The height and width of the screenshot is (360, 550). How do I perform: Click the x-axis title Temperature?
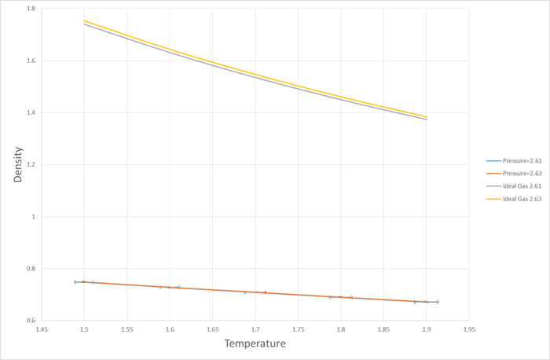click(255, 343)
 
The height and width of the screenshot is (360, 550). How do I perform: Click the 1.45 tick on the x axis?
click(41, 329)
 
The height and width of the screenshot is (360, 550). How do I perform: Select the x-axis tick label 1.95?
click(469, 329)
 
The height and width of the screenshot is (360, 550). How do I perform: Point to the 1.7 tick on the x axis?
click(255, 329)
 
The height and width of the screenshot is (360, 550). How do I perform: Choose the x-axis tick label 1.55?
click(126, 329)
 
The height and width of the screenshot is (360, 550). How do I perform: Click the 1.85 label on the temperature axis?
click(383, 329)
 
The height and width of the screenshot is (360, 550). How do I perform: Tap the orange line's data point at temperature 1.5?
click(84, 281)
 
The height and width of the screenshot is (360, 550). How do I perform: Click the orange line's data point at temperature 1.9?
click(426, 302)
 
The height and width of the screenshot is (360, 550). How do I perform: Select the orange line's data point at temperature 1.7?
click(255, 292)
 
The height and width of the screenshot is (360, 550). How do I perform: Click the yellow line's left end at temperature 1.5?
click(84, 20)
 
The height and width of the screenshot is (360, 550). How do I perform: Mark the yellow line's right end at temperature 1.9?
click(427, 116)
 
